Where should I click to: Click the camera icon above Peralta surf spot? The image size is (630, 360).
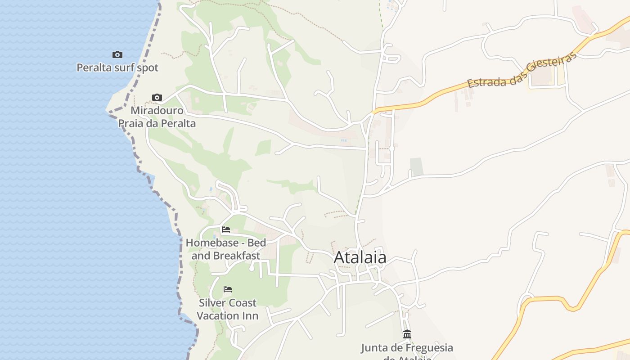tap(117, 54)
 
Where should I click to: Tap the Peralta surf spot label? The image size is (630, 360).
tap(117, 68)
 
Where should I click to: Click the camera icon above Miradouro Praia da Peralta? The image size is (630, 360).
tap(157, 97)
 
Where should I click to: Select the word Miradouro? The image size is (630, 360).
tap(157, 111)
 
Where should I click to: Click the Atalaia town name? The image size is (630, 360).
tap(360, 257)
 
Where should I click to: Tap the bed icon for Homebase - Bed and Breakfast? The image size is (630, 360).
tap(226, 229)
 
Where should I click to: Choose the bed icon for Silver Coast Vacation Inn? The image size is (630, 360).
tap(228, 289)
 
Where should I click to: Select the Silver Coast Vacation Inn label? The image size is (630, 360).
tap(228, 309)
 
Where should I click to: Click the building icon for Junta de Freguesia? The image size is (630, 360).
tap(407, 334)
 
